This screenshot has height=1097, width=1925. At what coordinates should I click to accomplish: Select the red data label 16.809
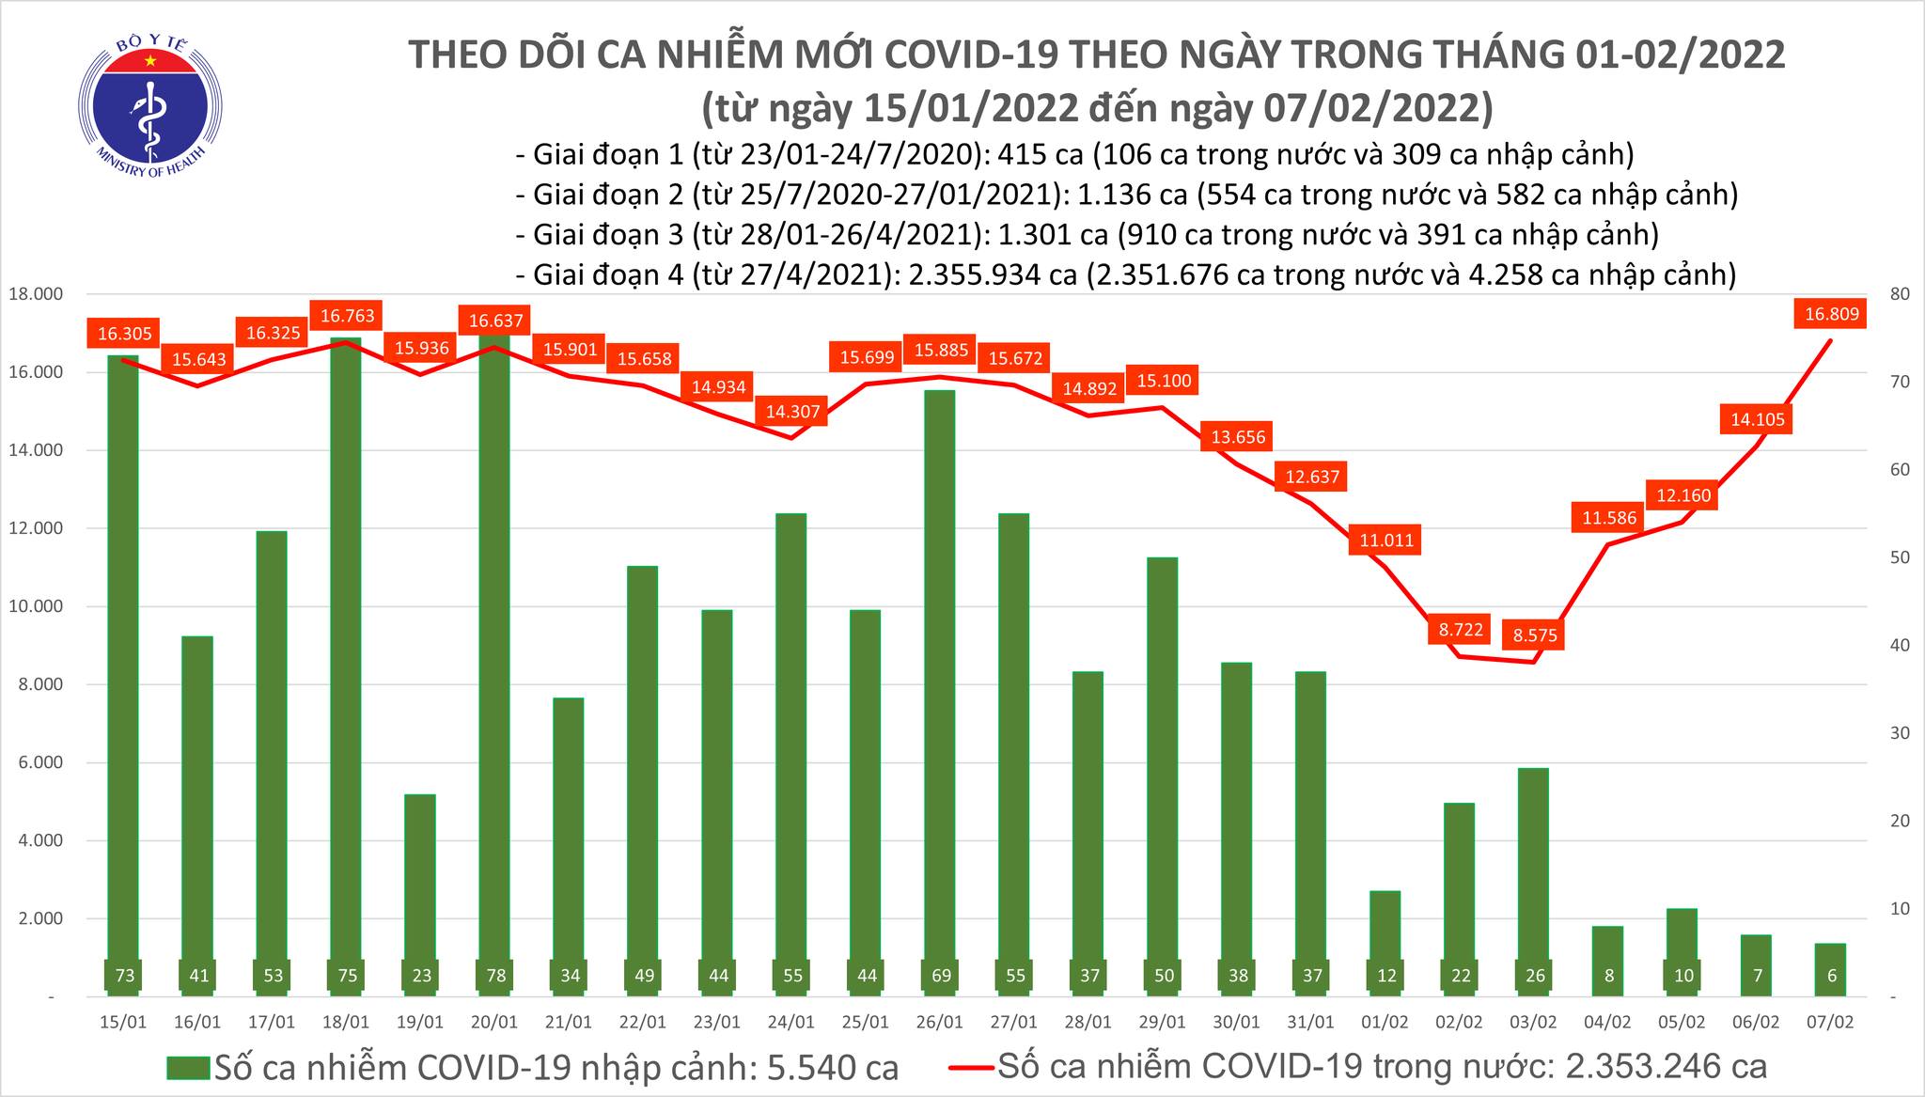pyautogui.click(x=1832, y=314)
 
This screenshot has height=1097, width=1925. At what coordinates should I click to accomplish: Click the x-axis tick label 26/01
pyautogui.click(x=939, y=1023)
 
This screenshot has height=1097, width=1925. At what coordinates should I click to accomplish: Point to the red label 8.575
pyautogui.click(x=1535, y=635)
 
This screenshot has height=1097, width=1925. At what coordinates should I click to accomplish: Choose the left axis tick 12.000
pyautogui.click(x=36, y=528)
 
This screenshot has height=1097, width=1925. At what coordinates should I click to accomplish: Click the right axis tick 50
pyautogui.click(x=1871, y=557)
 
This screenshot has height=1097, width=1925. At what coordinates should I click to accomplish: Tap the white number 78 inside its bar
pyautogui.click(x=495, y=976)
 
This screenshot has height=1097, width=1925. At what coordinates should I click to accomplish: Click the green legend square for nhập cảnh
pyautogui.click(x=187, y=1068)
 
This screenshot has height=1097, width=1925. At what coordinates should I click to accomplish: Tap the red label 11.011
pyautogui.click(x=1385, y=541)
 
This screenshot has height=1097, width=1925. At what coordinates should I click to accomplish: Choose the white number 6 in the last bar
pyautogui.click(x=1832, y=976)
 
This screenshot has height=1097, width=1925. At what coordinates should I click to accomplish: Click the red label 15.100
pyautogui.click(x=1164, y=381)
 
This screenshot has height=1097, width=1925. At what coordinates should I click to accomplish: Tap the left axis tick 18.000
pyautogui.click(x=36, y=294)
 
